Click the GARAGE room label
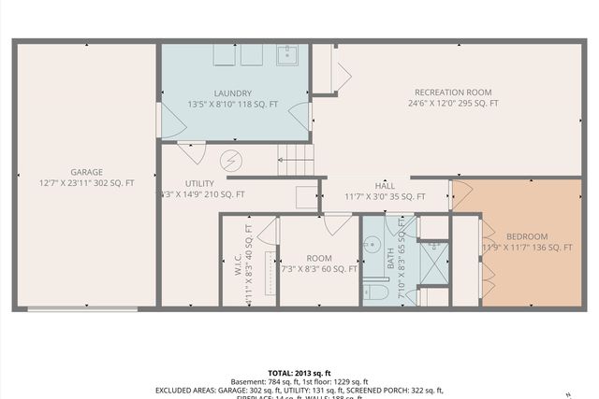(x=86, y=171)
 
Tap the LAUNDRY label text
(x=232, y=93)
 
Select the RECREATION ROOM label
(x=453, y=92)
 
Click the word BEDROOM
(x=527, y=236)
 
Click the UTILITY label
(x=200, y=183)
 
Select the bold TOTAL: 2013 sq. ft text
(x=299, y=371)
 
